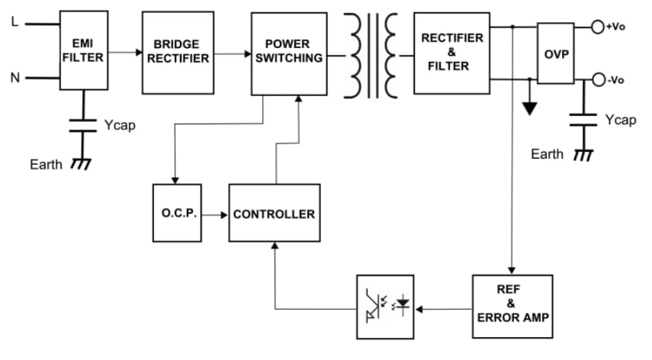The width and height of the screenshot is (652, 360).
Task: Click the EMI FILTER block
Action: [83, 52]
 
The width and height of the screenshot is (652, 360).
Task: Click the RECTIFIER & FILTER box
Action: [451, 53]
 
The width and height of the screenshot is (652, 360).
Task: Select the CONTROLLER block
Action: [274, 214]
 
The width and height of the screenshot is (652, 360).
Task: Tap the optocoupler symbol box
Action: [385, 307]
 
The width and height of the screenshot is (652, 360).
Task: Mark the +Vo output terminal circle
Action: [599, 27]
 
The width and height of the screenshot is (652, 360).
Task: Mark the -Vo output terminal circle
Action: [599, 80]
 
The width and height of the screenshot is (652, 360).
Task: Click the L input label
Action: [14, 22]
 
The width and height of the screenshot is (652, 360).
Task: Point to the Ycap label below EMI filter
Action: [120, 125]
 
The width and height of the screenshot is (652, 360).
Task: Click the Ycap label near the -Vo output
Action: [620, 120]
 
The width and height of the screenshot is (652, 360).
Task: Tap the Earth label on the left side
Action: [47, 165]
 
